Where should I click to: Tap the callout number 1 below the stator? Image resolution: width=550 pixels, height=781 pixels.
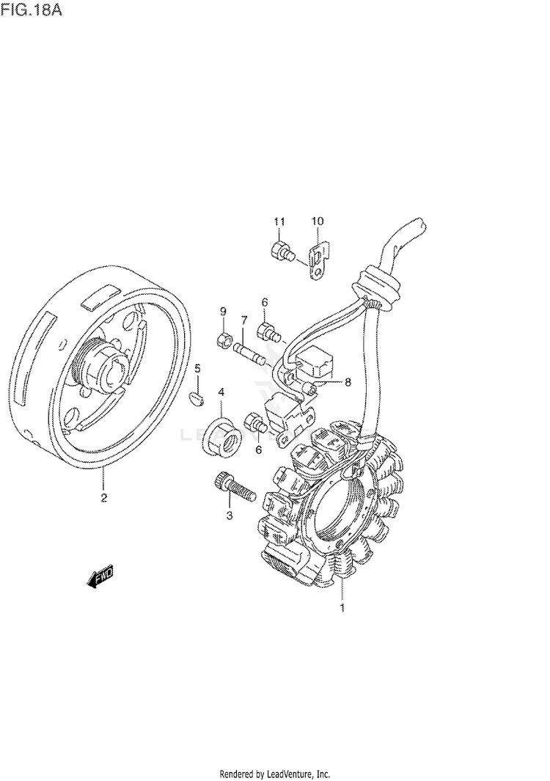coord(341,607)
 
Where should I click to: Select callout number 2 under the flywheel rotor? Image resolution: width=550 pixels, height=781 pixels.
coord(103,499)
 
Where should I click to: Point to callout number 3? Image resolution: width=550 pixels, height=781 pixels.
coord(229,516)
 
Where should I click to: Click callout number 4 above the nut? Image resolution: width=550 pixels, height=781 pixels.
coord(221,392)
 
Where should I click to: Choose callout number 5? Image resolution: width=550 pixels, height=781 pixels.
coord(197,368)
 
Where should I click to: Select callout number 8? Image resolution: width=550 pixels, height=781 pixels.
coord(348,382)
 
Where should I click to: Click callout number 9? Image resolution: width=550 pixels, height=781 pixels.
coord(223,313)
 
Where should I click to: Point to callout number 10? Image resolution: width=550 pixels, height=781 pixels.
coord(317,221)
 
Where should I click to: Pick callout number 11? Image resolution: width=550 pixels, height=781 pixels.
coord(279,221)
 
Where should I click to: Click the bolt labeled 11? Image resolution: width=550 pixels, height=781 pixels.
coord(282,251)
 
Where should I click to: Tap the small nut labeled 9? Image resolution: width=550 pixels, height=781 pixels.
coord(224,340)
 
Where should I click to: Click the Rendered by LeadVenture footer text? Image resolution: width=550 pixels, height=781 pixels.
coord(274,774)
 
